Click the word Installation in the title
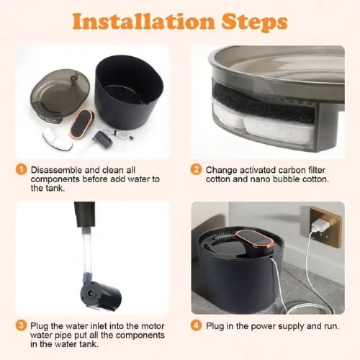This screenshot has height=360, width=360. (143, 22)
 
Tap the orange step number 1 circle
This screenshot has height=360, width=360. (21, 170)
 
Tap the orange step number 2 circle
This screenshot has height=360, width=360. (196, 170)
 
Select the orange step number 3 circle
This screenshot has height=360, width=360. (21, 325)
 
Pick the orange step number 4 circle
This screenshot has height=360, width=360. (196, 325)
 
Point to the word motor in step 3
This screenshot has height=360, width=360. (153, 326)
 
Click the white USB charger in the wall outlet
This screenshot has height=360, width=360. (319, 225)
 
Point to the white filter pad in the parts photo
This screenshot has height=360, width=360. (58, 139)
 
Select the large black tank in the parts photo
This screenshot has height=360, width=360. (128, 92)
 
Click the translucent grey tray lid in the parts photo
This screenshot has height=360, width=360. (60, 96)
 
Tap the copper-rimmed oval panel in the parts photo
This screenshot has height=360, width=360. (81, 124)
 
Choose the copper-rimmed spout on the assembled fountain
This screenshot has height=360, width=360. (255, 242)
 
